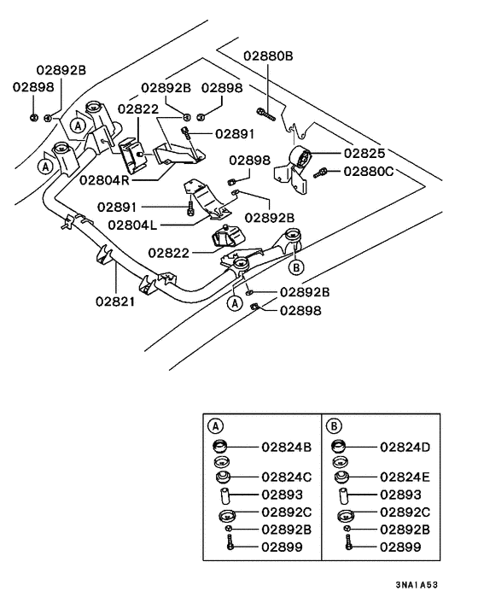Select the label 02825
(x=364, y=154)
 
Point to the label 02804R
(x=104, y=180)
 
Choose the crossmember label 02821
(x=115, y=301)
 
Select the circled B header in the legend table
(x=335, y=424)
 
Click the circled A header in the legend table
(x=215, y=424)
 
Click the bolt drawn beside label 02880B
(x=266, y=111)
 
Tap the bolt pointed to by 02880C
(x=321, y=173)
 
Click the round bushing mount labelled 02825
(x=301, y=157)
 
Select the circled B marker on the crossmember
(x=296, y=266)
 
